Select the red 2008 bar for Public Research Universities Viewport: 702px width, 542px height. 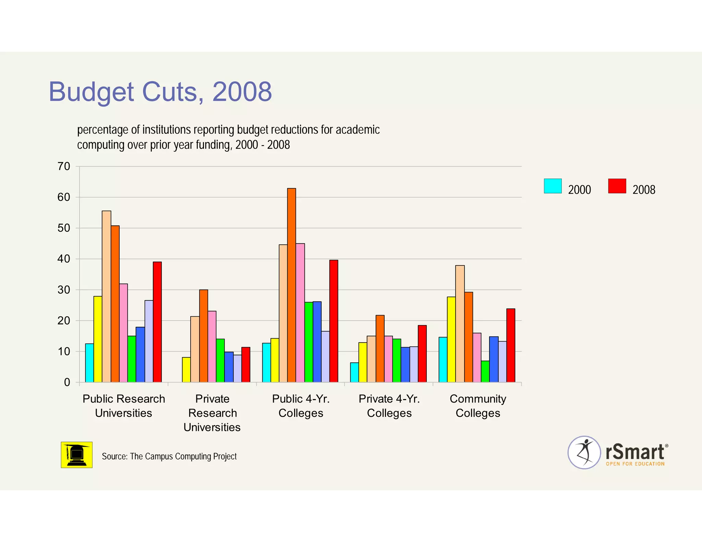(157, 322)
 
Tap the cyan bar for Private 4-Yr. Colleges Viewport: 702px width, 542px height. (354, 372)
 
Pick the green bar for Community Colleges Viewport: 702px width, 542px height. (485, 371)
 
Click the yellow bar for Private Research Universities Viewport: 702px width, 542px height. (186, 370)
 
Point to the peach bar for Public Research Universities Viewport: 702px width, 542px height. (106, 296)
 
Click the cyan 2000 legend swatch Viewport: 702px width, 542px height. (553, 186)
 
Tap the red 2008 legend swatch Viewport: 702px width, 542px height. (617, 186)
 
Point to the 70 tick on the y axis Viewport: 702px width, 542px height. (64, 167)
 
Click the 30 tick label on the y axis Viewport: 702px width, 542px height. (64, 290)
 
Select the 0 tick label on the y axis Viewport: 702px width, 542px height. (67, 382)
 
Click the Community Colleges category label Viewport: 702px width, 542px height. (477, 406)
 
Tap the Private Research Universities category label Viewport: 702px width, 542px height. (212, 413)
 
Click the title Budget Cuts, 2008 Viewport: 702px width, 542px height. (160, 92)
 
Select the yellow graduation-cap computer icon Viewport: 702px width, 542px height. (76, 455)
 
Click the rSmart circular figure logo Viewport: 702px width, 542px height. (584, 452)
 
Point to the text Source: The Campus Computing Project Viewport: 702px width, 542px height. (169, 456)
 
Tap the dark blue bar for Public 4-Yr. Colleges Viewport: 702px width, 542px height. (317, 342)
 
